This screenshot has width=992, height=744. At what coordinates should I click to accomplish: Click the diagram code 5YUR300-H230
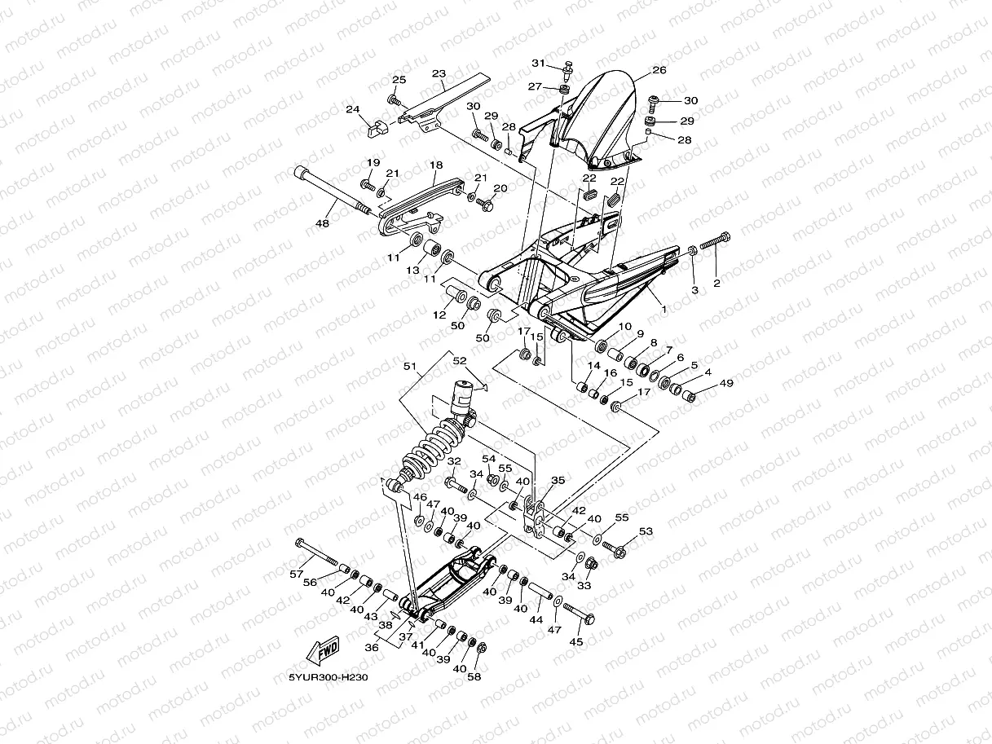[328, 678]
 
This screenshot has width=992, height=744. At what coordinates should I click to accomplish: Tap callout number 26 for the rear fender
[659, 70]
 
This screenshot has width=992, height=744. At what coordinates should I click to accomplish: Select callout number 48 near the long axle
[322, 223]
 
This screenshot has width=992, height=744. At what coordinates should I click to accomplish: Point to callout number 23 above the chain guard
[439, 73]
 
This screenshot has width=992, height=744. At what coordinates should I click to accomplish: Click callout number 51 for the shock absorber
[410, 366]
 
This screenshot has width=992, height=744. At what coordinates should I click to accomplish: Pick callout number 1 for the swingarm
[664, 310]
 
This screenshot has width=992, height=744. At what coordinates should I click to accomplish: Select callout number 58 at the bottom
[474, 676]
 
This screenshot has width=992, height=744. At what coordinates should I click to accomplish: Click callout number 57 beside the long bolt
[297, 575]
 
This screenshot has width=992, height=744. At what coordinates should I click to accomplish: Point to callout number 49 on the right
[727, 383]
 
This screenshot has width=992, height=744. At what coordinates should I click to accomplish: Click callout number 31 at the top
[538, 64]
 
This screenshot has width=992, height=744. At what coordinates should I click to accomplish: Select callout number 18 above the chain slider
[436, 165]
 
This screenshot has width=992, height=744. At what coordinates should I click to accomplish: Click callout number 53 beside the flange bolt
[646, 531]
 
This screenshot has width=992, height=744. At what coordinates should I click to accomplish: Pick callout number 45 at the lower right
[576, 641]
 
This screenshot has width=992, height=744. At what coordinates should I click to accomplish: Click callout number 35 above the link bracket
[558, 480]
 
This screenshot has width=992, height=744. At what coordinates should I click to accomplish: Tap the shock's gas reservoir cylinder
[463, 398]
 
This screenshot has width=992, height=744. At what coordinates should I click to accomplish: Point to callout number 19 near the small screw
[373, 163]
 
